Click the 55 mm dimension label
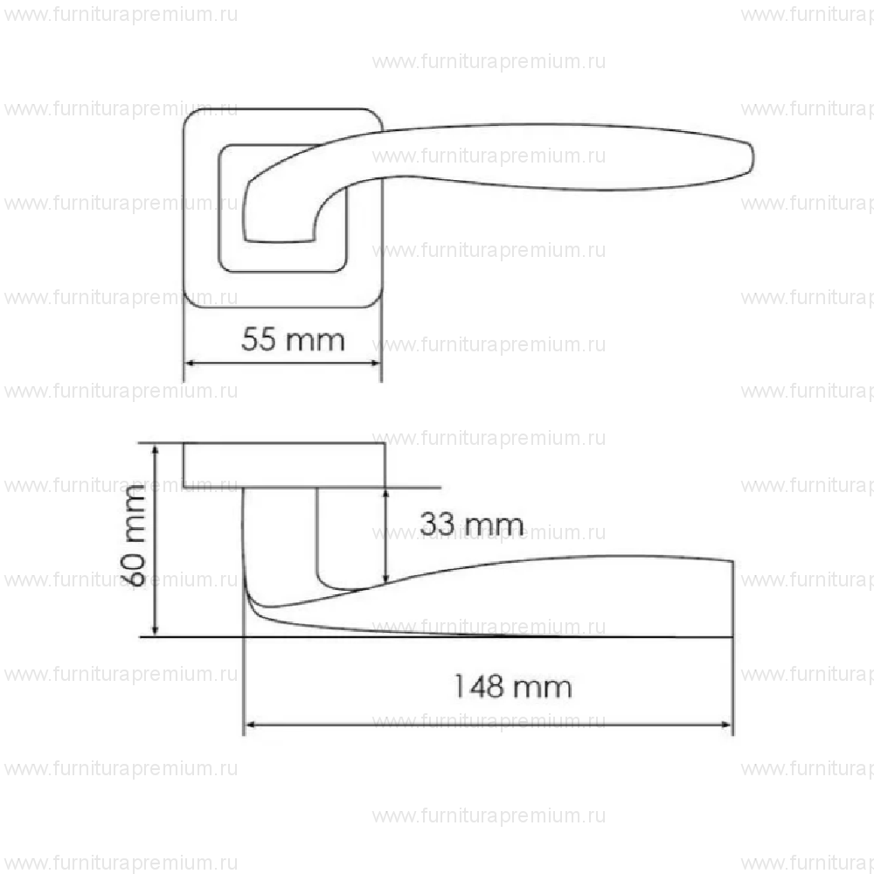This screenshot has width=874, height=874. tap(293, 339)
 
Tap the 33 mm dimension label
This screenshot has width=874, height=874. tap(471, 525)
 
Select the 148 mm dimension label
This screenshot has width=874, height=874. tap(511, 687)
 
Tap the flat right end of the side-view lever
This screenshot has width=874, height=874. tap(731, 599)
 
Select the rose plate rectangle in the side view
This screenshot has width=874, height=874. tap(284, 466)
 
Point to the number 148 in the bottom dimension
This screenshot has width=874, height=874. tap(479, 687)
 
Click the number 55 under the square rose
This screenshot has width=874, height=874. tap(260, 339)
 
